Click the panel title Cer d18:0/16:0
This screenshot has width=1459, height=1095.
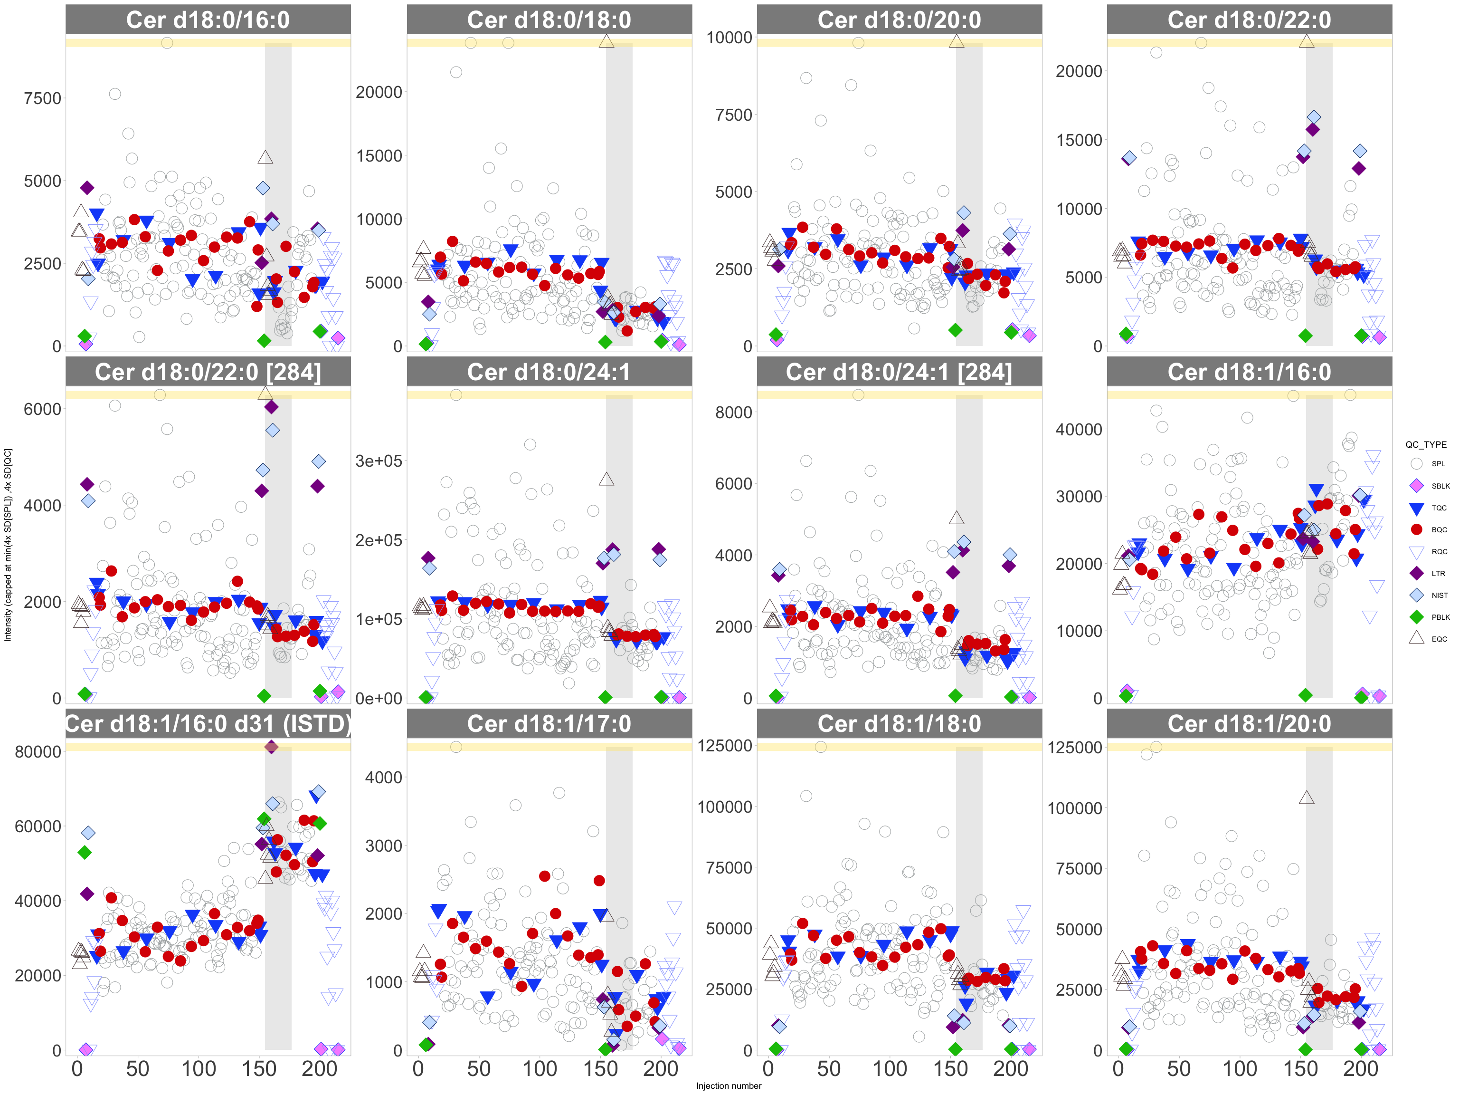coord(208,20)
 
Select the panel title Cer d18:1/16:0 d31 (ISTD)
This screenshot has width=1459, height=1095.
coord(208,724)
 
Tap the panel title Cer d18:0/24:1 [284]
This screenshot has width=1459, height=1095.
coord(899,372)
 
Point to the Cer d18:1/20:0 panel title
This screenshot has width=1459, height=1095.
coord(1249,724)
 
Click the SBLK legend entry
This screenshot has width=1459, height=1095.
coord(1440,486)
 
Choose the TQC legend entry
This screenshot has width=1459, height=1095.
coord(1439,508)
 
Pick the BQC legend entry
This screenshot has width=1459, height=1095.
coord(1439,529)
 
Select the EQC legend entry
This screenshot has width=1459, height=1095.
coord(1439,639)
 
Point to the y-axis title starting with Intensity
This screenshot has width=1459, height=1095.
coord(8,545)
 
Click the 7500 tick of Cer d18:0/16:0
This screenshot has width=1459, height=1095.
coord(42,98)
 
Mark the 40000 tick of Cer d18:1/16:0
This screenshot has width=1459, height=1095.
coord(1079,430)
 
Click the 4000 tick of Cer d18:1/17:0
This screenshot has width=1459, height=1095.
coord(383,778)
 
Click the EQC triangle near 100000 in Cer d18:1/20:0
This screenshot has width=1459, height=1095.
coord(1306,797)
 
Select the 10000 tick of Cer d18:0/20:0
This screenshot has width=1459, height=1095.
coord(729,38)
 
